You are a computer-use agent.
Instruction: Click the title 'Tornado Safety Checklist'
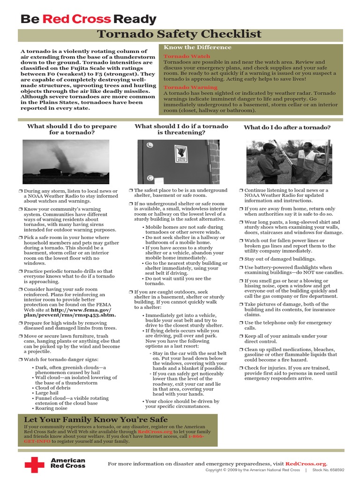[179, 34]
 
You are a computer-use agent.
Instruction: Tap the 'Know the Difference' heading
[197, 47]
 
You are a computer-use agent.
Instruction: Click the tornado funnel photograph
[66, 162]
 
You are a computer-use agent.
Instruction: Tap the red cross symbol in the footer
[34, 465]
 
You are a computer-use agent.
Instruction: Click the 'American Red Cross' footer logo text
[68, 464]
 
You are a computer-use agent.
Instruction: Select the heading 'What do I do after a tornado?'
[287, 127]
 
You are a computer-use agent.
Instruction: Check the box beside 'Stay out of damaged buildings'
[241, 259]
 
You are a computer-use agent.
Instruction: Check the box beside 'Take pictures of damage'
[241, 305]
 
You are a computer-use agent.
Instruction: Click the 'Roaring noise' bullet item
[52, 408]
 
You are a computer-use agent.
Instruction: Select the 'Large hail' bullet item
[49, 393]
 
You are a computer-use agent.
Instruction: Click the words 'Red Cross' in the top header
[77, 19]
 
